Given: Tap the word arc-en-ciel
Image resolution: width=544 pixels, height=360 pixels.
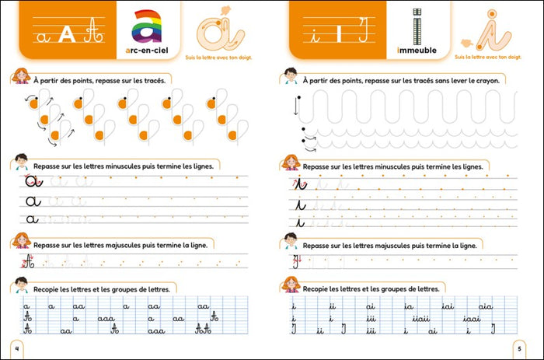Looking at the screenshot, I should coord(145,51).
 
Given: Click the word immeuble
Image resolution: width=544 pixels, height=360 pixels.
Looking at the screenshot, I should coord(417,51).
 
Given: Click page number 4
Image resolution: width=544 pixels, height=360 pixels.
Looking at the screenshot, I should coord(17,346).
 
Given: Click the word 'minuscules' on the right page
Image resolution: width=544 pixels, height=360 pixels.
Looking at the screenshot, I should coord(399,166).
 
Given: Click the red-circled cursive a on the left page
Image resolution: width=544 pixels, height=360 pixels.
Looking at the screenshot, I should coord(32,182).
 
